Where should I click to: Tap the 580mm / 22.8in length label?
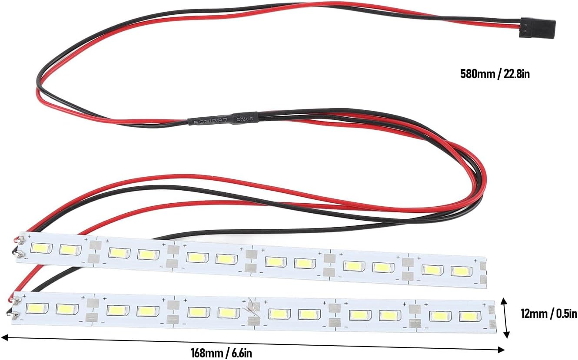click(495, 74)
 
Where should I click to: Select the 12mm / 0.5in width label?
click(549, 313)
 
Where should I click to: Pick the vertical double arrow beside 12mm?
click(505, 317)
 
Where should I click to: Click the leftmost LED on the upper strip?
click(41, 248)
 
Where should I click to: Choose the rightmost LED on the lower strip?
click(468, 317)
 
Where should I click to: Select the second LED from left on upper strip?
click(70, 250)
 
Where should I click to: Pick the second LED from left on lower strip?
click(66, 309)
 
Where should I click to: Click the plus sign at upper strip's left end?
click(29, 236)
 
